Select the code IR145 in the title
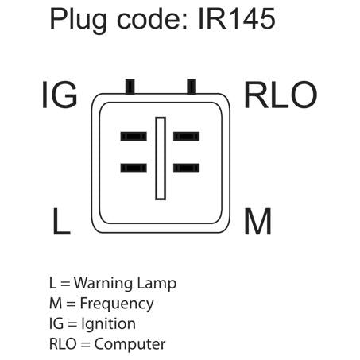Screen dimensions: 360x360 coord(237,19)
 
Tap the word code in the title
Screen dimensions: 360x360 coord(153,19)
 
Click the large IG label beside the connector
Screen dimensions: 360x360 coord(60,95)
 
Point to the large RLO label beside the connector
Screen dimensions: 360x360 coord(281,95)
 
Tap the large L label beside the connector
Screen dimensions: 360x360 coord(61,221)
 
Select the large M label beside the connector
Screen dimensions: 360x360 coord(257,221)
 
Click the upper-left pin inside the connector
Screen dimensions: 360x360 coord(134,137)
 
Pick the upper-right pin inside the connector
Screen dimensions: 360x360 coord(187,137)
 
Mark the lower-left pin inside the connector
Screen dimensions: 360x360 coord(134,168)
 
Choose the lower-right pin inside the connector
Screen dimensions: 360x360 coord(187,168)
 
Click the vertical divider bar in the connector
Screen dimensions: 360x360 coord(161,158)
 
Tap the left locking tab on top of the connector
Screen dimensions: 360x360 coord(130,87)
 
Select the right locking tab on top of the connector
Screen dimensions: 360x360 coord(192,87)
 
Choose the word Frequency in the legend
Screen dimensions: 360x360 coord(117,304)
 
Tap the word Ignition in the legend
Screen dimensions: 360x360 coord(109,324)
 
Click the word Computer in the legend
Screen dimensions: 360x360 coord(130,344)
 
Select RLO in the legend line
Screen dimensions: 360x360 coord(63,344)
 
